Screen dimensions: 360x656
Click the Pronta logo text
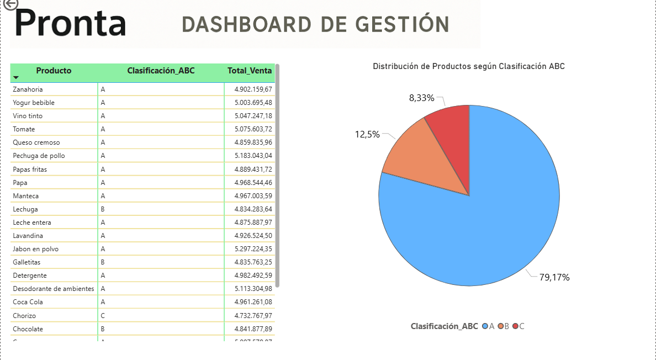(x=70, y=24)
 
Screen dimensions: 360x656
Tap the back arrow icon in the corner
(x=9, y=4)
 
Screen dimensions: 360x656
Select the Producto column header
(x=54, y=71)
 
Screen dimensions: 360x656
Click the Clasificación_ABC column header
(x=161, y=71)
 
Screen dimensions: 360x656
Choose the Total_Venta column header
(x=250, y=71)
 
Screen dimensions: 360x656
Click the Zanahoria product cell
(x=28, y=89)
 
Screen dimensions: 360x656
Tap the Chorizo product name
(x=24, y=316)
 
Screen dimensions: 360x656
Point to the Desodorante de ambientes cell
(x=54, y=289)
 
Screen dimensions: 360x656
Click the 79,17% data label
(x=554, y=277)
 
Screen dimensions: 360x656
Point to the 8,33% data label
(x=421, y=98)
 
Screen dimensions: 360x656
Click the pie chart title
(x=468, y=66)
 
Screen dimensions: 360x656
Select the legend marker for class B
(x=500, y=326)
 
